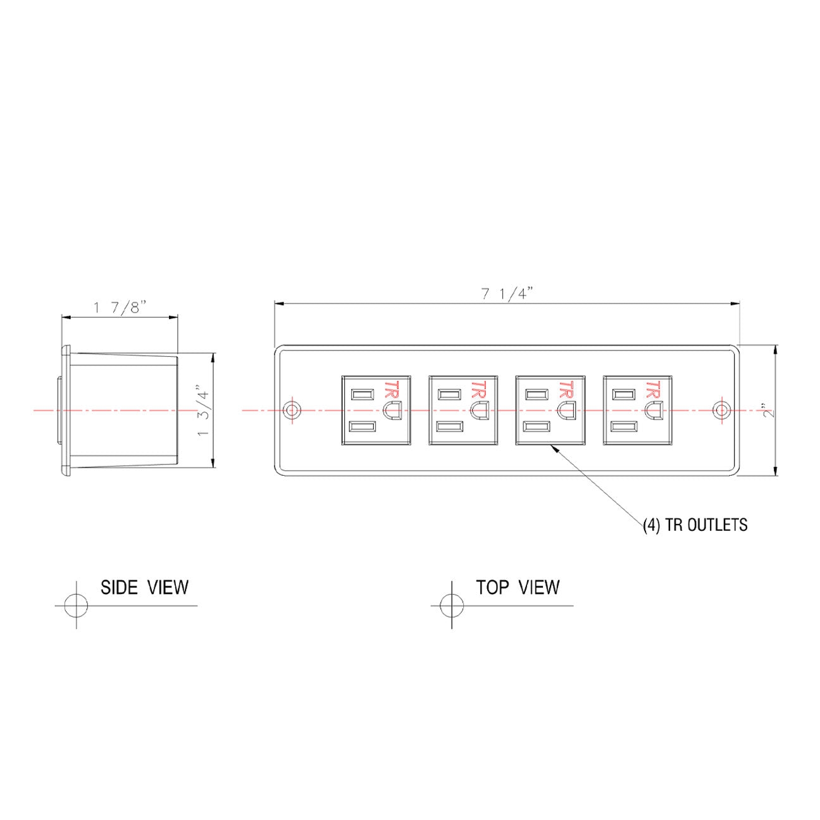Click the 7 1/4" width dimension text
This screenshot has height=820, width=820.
(x=507, y=294)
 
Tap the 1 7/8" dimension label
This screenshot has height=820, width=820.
(x=120, y=308)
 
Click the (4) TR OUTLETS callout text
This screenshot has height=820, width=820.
(x=695, y=525)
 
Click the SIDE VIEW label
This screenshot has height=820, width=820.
(x=144, y=588)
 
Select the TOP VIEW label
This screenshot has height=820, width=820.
(x=518, y=588)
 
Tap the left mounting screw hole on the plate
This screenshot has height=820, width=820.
(x=292, y=409)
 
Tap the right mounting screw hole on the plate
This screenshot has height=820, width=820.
(x=721, y=409)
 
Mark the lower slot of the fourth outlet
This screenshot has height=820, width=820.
(x=623, y=426)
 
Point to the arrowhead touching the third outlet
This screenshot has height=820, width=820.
(x=553, y=447)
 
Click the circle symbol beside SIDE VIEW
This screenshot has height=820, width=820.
(x=77, y=605)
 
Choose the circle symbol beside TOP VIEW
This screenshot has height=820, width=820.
(x=452, y=605)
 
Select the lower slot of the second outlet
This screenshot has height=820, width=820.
(x=449, y=426)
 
